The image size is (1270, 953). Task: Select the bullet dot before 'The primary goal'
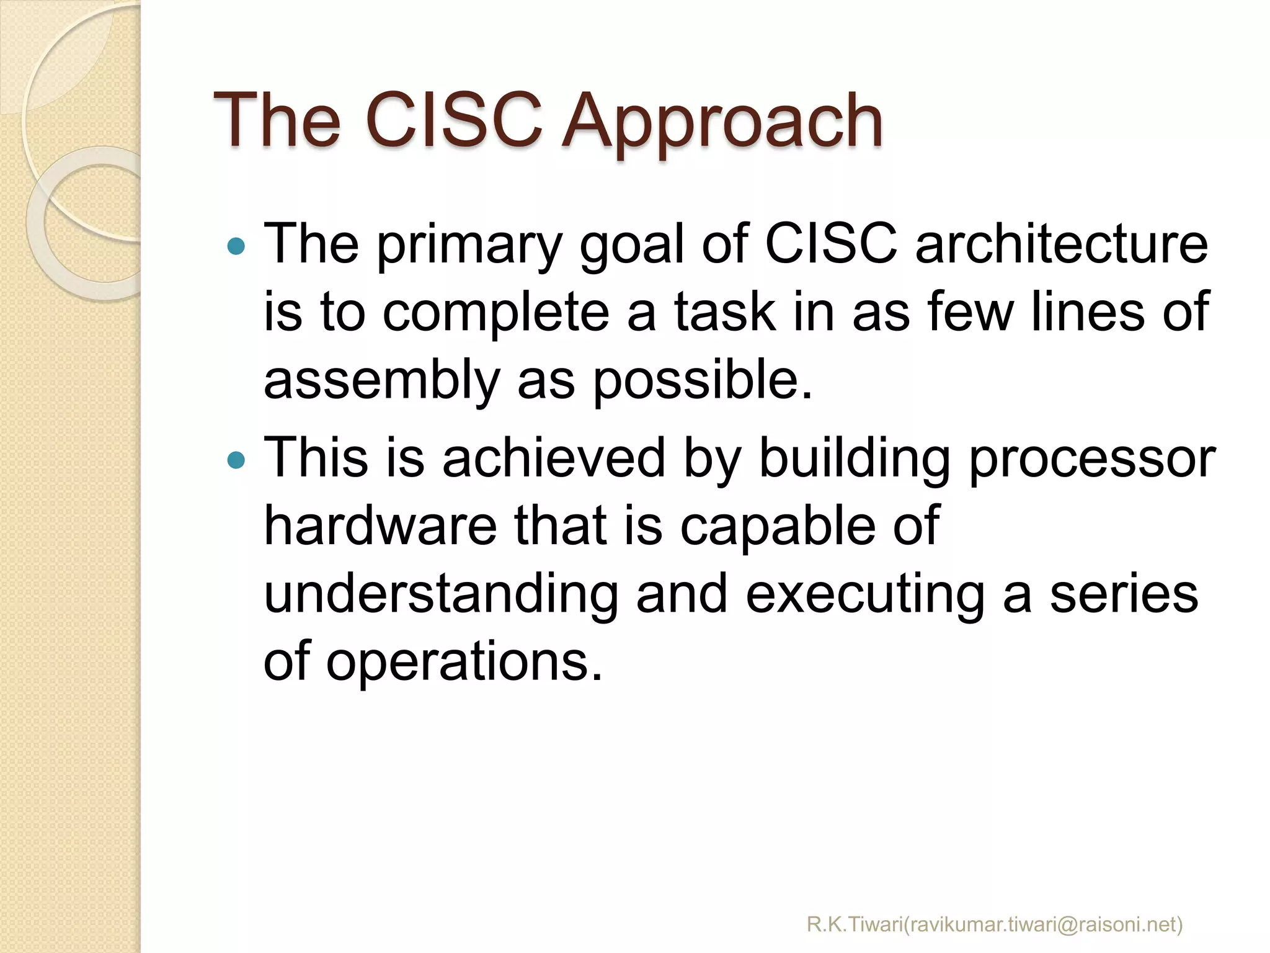pyautogui.click(x=236, y=247)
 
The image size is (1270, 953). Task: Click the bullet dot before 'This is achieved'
pyautogui.click(x=236, y=460)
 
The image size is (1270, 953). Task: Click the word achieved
pyautogui.click(x=553, y=458)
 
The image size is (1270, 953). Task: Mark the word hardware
pyautogui.click(x=380, y=526)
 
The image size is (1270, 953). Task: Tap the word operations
pyautogui.click(x=464, y=663)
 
